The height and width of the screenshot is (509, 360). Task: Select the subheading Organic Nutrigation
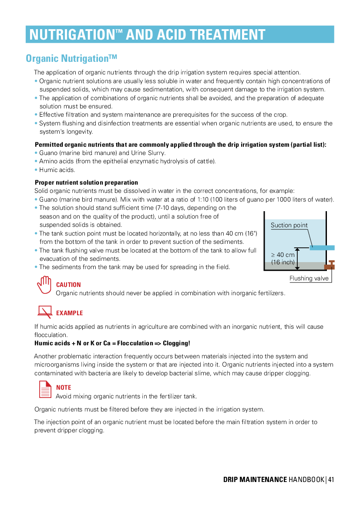(x=71, y=58)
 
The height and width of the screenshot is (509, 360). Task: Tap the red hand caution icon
(x=44, y=285)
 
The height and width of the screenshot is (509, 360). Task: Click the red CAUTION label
(x=68, y=285)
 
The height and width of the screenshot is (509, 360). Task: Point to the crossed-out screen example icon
(x=45, y=312)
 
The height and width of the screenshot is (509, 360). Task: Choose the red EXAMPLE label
(x=70, y=313)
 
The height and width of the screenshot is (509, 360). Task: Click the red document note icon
(x=45, y=389)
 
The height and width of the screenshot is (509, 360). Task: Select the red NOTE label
(x=64, y=387)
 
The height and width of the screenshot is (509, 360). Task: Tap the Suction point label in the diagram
(x=289, y=225)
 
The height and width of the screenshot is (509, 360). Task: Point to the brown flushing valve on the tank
(x=330, y=265)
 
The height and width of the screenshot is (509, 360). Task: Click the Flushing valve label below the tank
(x=309, y=278)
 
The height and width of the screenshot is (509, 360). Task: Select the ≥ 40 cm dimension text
(x=283, y=255)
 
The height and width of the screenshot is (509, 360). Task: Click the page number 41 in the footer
(x=331, y=479)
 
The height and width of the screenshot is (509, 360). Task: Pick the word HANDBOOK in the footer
(x=306, y=479)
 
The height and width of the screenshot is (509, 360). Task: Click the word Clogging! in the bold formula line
(x=176, y=343)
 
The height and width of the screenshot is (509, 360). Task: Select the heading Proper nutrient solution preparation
(x=86, y=182)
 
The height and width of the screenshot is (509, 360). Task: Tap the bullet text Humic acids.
(x=57, y=170)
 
